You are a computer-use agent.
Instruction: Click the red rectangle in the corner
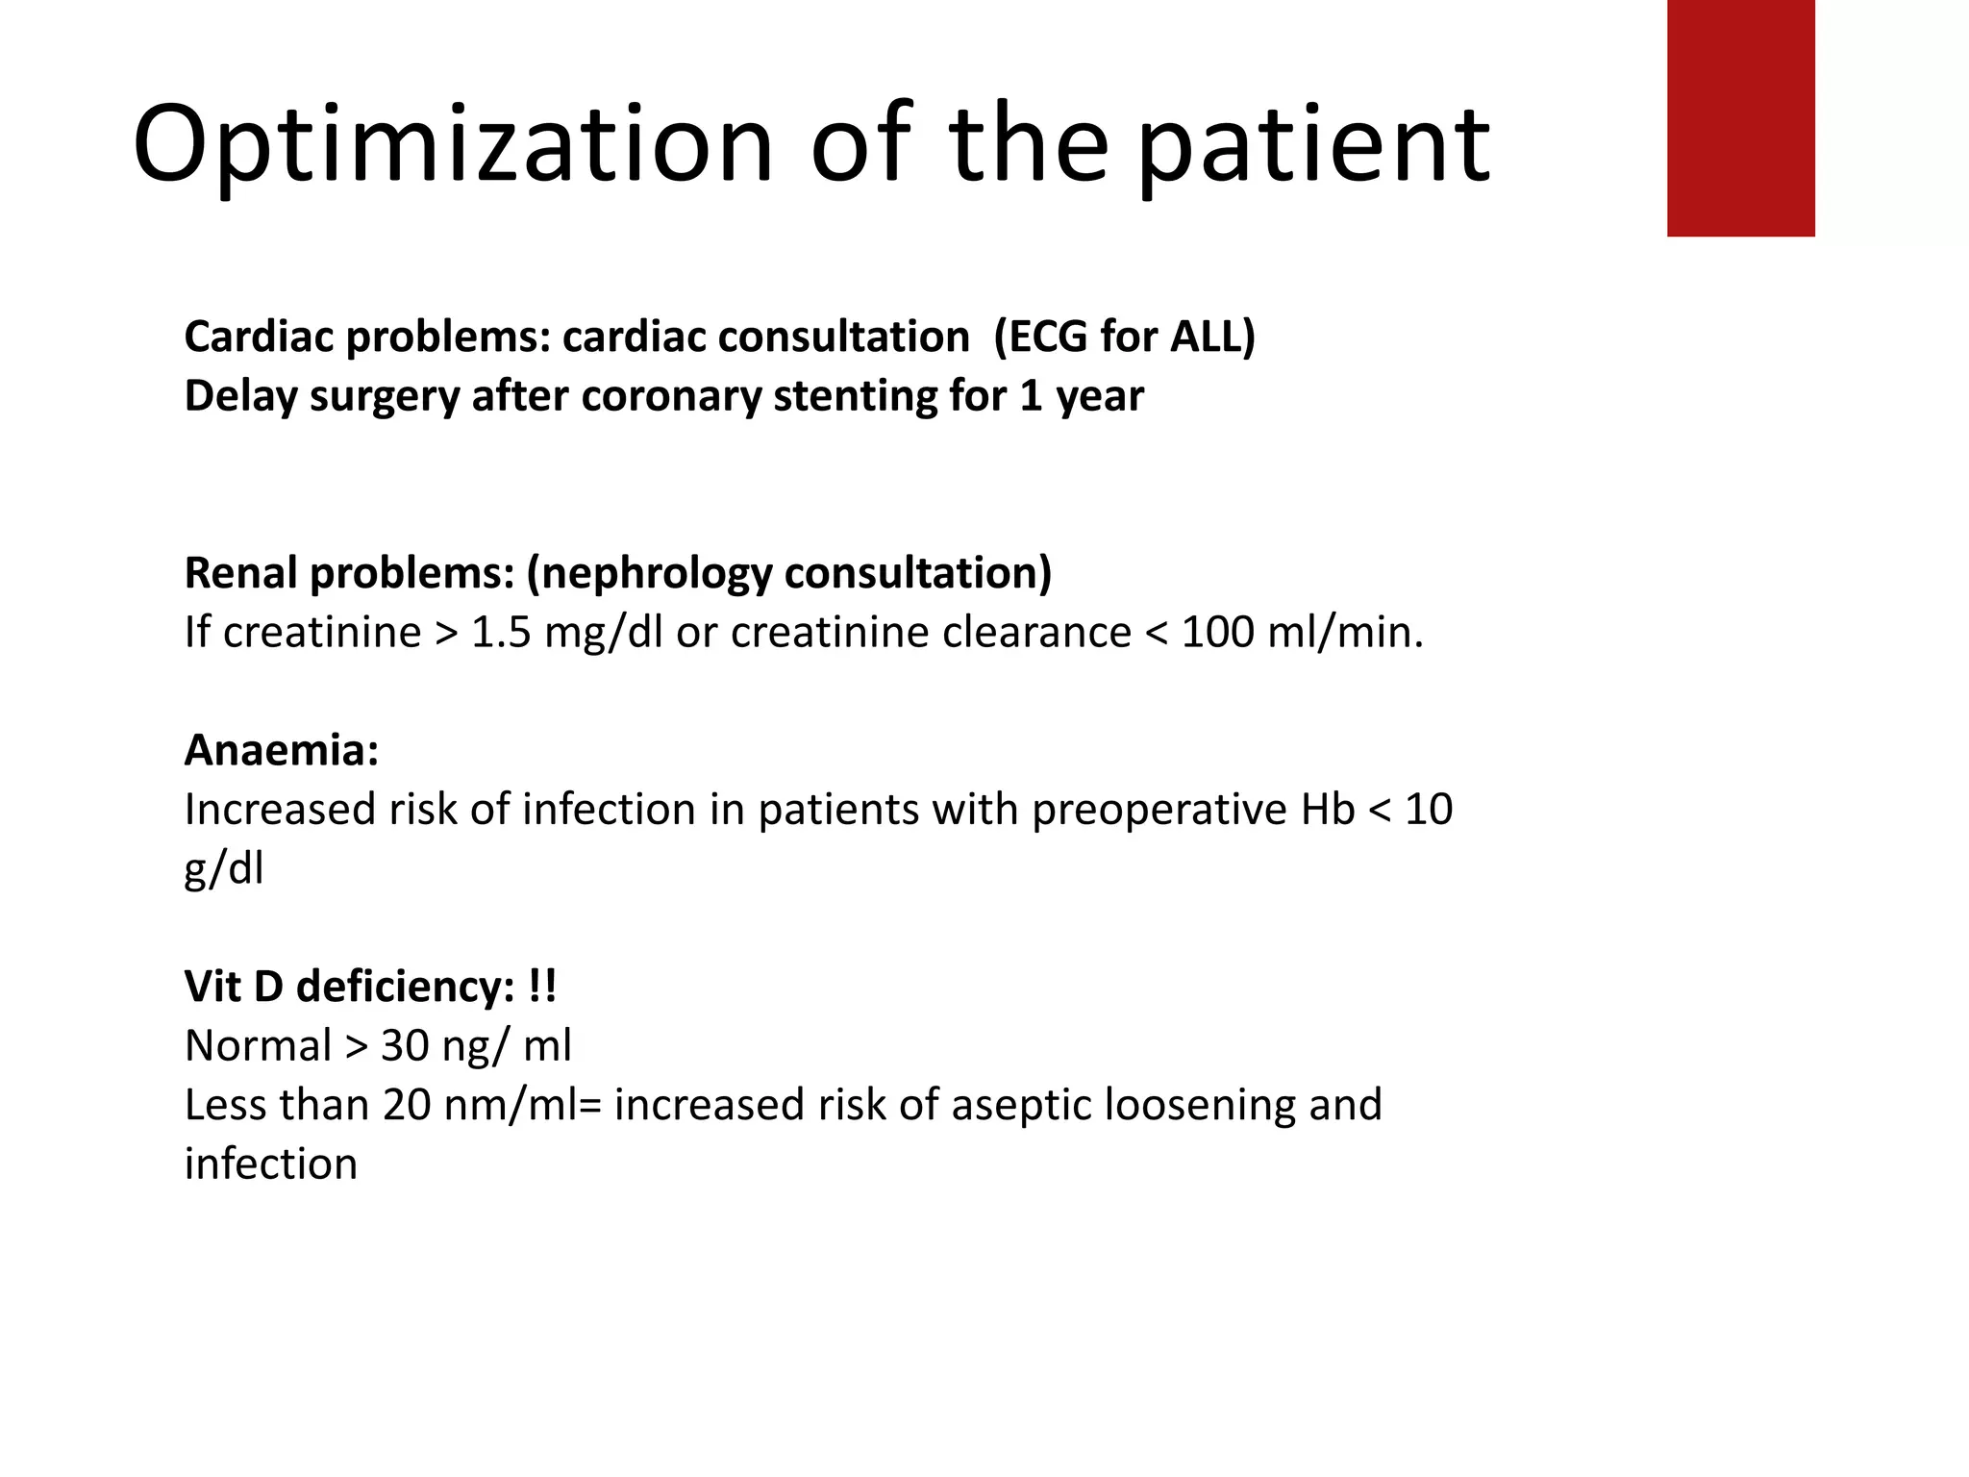tap(1740, 117)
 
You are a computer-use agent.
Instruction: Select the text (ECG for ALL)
tap(1124, 338)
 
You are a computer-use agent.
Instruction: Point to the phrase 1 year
tap(1081, 396)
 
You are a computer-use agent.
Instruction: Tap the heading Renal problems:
tap(349, 573)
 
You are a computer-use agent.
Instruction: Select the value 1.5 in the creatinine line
tap(501, 633)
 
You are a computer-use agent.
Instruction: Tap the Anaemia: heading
tap(281, 750)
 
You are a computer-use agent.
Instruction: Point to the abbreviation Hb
tap(1327, 810)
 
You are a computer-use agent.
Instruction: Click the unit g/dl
tap(223, 869)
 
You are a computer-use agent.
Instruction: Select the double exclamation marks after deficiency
tap(542, 987)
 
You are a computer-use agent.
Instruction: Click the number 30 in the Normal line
tap(405, 1046)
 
